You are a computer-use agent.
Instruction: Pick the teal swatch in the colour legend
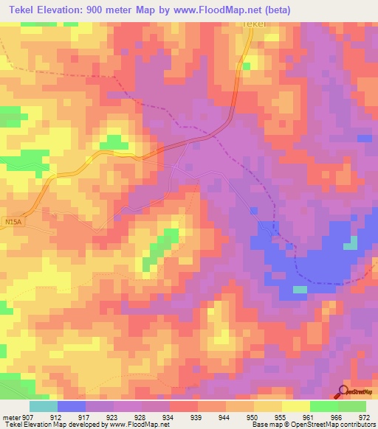(44, 406)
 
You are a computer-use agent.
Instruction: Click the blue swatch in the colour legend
(72, 406)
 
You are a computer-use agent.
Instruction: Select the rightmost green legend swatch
(352, 406)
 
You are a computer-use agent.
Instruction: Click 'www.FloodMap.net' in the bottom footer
(139, 425)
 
